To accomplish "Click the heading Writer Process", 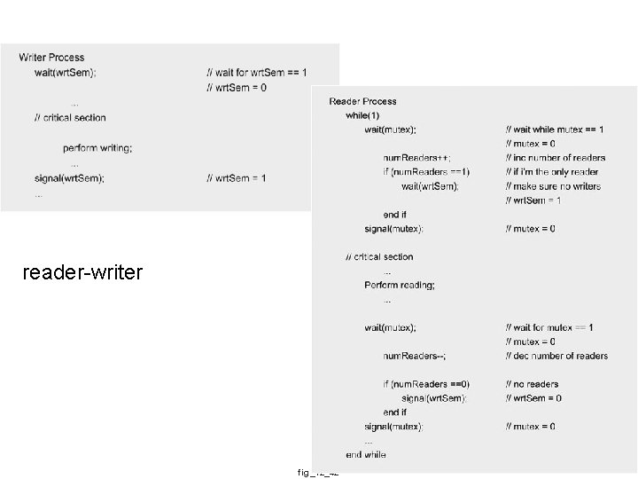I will (51, 58).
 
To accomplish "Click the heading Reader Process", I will (362, 101).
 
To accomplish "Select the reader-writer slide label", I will (82, 272).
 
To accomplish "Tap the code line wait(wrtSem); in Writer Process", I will (66, 72).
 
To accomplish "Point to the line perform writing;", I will (97, 148).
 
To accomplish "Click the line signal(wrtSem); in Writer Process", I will (69, 178).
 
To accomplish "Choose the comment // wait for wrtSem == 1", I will (256, 72).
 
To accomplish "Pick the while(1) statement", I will (362, 115).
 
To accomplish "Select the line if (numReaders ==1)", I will (426, 172).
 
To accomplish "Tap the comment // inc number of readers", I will (556, 158).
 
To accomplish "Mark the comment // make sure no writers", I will (553, 186).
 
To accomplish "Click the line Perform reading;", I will (400, 285).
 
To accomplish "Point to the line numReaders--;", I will (415, 356).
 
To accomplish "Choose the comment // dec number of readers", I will (556, 356).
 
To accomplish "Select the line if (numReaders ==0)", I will (426, 384).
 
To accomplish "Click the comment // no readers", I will (533, 384).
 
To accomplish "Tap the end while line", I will (366, 455).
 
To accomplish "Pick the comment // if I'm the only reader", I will (552, 172).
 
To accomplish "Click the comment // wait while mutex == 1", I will (556, 130).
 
